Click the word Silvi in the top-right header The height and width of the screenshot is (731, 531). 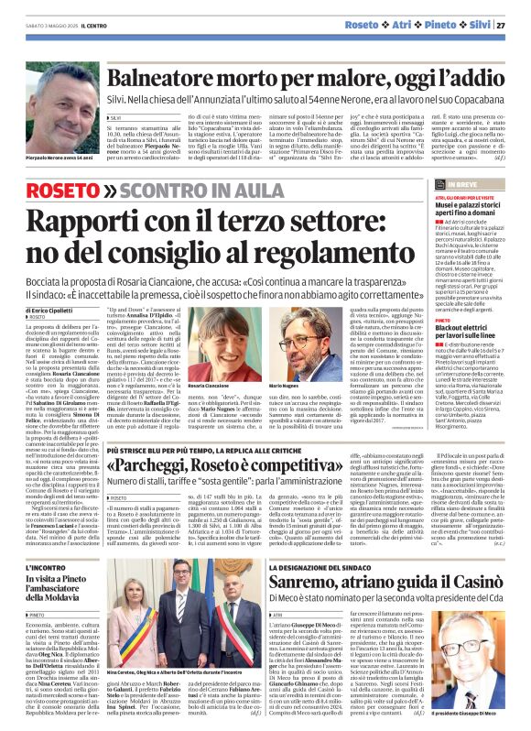[x=471, y=11]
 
